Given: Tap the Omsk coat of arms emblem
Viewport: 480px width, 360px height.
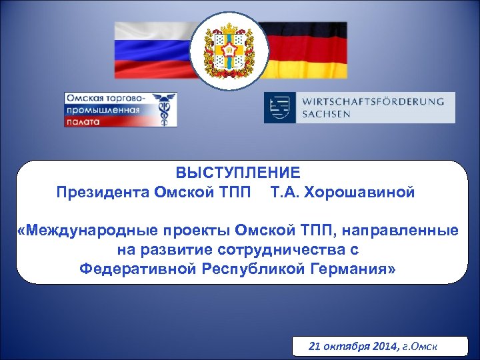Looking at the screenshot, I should pyautogui.click(x=229, y=49).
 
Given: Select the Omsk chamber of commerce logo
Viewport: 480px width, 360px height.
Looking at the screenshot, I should pyautogui.click(x=121, y=109).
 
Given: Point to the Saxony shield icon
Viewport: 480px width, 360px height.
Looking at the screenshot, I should pyautogui.click(x=279, y=107).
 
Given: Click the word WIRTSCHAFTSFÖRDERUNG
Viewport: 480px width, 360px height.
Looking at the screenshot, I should pyautogui.click(x=373, y=101).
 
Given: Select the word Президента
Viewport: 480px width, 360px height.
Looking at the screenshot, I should pyautogui.click(x=103, y=192).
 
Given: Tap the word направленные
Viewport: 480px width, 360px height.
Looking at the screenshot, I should pyautogui.click(x=398, y=231).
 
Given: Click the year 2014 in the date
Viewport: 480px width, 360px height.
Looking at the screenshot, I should pyautogui.click(x=382, y=346).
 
